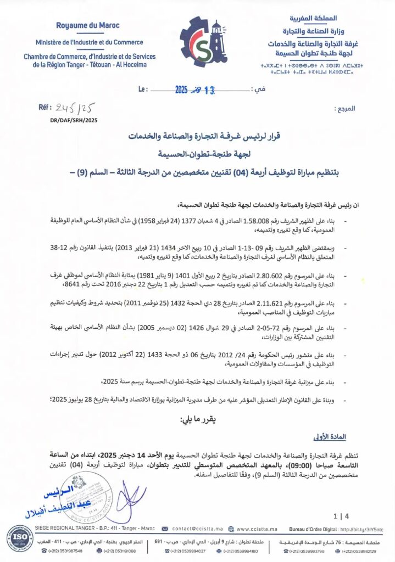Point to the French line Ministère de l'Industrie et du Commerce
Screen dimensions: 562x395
point(89,42)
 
